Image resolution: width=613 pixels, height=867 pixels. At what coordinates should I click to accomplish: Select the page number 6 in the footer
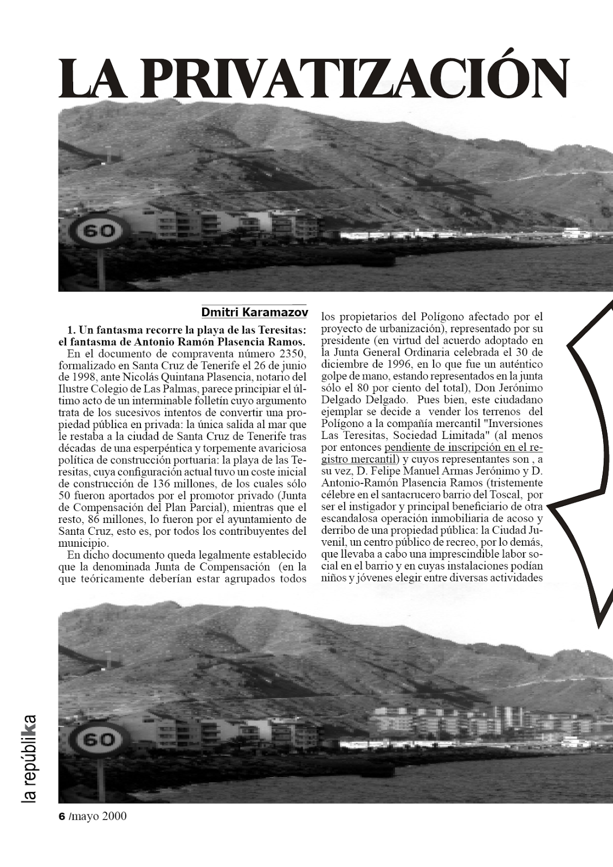point(61,816)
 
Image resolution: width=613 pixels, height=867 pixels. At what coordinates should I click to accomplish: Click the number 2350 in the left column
point(290,354)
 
